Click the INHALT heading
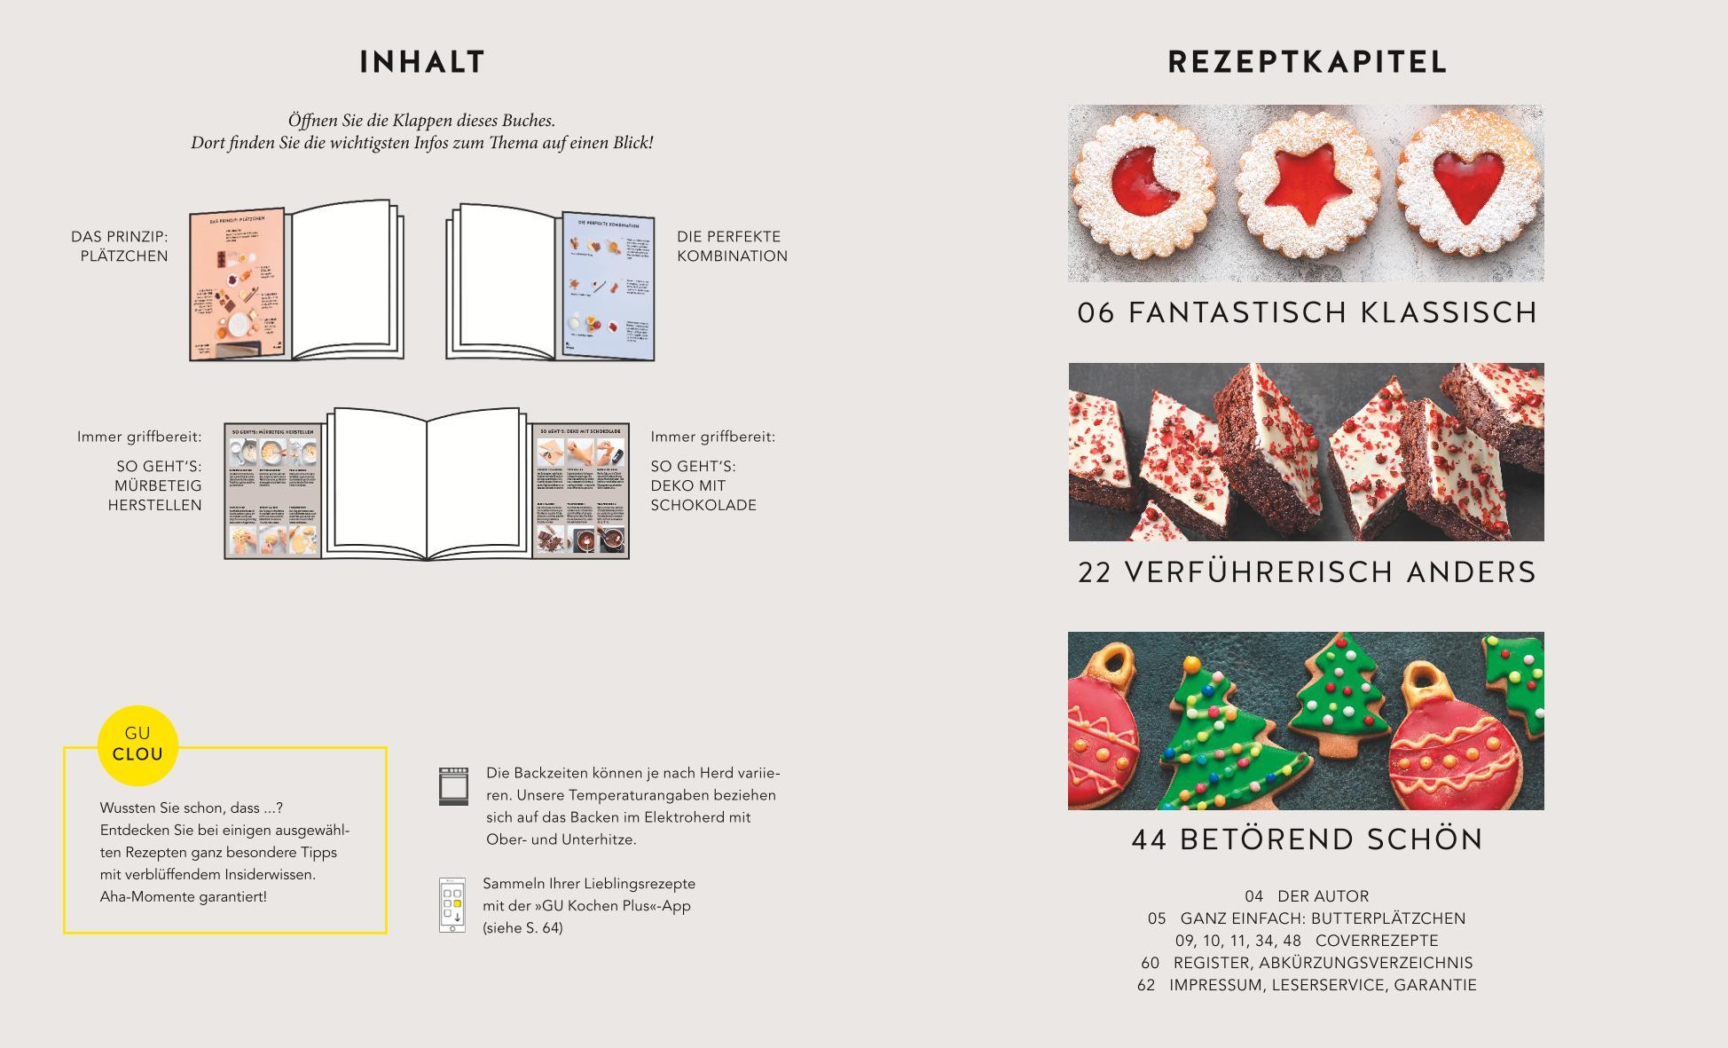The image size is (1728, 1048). coord(422,62)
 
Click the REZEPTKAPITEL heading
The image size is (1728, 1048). coord(1307,62)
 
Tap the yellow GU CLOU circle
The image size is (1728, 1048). coord(137,745)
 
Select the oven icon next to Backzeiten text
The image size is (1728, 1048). coord(453,787)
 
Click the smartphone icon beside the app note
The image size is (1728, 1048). coord(452,905)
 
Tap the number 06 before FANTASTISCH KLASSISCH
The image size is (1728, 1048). coord(1096,312)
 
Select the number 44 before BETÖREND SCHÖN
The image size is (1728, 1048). coord(1150,839)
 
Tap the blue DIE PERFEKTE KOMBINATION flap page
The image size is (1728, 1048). coord(609,288)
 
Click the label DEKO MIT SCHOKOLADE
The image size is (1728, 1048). coord(703,495)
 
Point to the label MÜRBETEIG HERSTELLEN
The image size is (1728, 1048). coord(156,495)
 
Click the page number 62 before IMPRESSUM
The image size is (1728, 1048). coord(1146,985)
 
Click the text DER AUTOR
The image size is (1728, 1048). coord(1323,896)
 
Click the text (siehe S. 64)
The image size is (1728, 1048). coord(522,928)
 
